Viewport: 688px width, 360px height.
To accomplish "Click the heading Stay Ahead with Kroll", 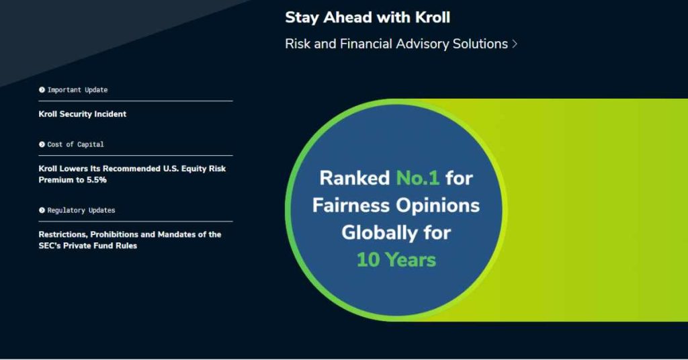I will coord(367,17).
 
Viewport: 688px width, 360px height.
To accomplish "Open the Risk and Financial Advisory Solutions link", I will coord(396,44).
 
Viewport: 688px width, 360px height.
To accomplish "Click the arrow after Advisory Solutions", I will coord(515,44).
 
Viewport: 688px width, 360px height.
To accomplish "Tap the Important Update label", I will coord(77,90).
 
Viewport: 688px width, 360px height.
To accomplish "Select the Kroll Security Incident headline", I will coord(83,114).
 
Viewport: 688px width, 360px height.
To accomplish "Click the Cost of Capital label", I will coord(75,144).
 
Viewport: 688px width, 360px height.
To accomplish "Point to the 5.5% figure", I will coord(96,180).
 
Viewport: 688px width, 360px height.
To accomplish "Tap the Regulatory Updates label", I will coord(81,210).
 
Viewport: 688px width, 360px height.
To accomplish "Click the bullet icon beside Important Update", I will coord(42,90).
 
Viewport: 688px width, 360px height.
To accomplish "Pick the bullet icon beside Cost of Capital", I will coord(42,144).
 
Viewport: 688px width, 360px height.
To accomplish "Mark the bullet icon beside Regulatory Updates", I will coord(42,210).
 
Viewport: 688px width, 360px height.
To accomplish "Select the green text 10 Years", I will coord(396,259).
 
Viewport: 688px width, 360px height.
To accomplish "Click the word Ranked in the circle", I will coord(354,178).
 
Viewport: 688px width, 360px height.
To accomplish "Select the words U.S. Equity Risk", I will coord(194,169).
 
